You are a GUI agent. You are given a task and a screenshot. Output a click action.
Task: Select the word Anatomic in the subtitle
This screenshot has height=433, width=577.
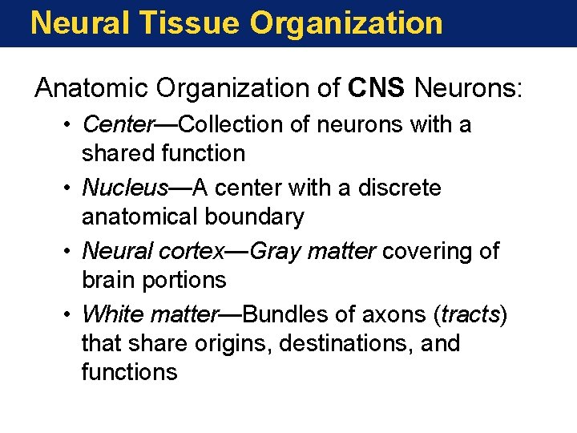pos(89,88)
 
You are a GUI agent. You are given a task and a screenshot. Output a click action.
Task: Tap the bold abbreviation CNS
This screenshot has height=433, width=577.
pos(377,88)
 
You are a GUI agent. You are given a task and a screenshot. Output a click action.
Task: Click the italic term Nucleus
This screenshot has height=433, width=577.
pos(124,188)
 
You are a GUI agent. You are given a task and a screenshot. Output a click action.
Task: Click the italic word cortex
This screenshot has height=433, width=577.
pos(196,252)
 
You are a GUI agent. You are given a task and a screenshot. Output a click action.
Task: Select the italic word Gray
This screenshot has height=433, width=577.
pos(274,252)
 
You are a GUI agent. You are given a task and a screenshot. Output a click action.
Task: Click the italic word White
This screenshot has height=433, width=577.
pos(111,314)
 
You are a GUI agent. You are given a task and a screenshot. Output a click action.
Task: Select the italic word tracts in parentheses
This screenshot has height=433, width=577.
pos(470,314)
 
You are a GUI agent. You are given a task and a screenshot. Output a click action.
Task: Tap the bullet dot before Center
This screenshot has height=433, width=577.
pos(71,126)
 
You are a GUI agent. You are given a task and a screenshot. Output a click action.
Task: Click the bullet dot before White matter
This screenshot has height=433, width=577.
pos(71,315)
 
